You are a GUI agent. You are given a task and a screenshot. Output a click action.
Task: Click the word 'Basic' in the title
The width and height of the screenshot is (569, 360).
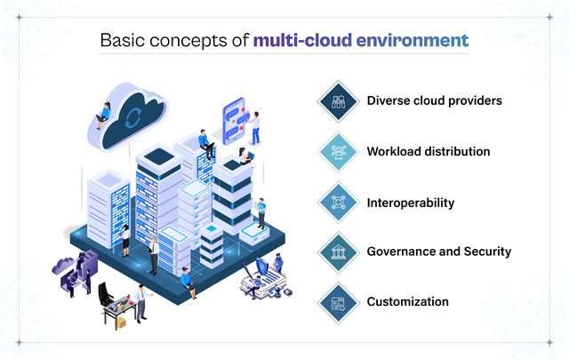click(123, 40)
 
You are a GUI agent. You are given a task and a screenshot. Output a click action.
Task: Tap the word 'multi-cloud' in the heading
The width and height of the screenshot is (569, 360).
click(302, 40)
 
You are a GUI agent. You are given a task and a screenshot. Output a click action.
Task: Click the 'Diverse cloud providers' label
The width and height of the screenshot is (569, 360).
click(435, 100)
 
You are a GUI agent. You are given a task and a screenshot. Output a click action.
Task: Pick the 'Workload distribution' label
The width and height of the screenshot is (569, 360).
click(429, 151)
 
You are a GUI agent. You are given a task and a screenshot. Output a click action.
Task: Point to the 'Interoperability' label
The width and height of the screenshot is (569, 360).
click(411, 203)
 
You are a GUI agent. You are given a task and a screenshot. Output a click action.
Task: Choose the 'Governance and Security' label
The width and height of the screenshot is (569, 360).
click(438, 252)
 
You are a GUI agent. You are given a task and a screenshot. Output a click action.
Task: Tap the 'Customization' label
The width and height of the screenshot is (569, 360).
click(407, 301)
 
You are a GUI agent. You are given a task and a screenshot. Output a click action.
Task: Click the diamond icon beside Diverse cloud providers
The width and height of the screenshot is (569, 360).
click(338, 101)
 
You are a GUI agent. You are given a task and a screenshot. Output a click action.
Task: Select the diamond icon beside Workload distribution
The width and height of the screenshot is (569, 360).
click(338, 152)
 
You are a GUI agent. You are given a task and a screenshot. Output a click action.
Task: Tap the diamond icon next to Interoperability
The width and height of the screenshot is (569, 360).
click(338, 202)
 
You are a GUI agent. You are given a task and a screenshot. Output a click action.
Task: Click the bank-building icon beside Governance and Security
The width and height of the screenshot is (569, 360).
click(338, 252)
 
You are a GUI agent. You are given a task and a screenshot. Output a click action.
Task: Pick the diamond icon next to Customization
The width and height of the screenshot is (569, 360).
click(338, 302)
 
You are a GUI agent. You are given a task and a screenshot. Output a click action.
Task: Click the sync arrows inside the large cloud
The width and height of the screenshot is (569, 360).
click(132, 119)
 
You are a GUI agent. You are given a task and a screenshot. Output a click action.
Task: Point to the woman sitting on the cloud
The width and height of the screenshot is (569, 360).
click(103, 116)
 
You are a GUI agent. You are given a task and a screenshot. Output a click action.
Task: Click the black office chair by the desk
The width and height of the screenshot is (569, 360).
click(106, 295)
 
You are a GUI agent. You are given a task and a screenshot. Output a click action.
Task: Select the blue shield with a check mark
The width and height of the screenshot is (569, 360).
click(262, 268)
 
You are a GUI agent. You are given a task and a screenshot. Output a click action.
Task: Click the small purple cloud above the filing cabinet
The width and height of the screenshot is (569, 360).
click(63, 265)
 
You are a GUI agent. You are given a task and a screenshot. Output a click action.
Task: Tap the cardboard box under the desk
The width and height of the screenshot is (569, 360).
click(121, 322)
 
